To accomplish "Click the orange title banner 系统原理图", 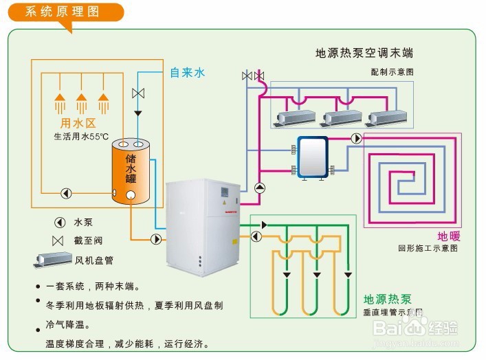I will click(62, 12).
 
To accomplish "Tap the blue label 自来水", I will click(188, 72).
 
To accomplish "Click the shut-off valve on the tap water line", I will click(137, 93).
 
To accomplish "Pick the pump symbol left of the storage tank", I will click(67, 193).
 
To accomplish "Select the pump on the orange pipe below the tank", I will click(157, 239).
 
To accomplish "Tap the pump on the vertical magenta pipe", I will click(259, 188).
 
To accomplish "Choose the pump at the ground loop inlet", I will click(256, 236).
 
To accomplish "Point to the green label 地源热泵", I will click(387, 300).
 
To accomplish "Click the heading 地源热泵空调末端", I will click(364, 54).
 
